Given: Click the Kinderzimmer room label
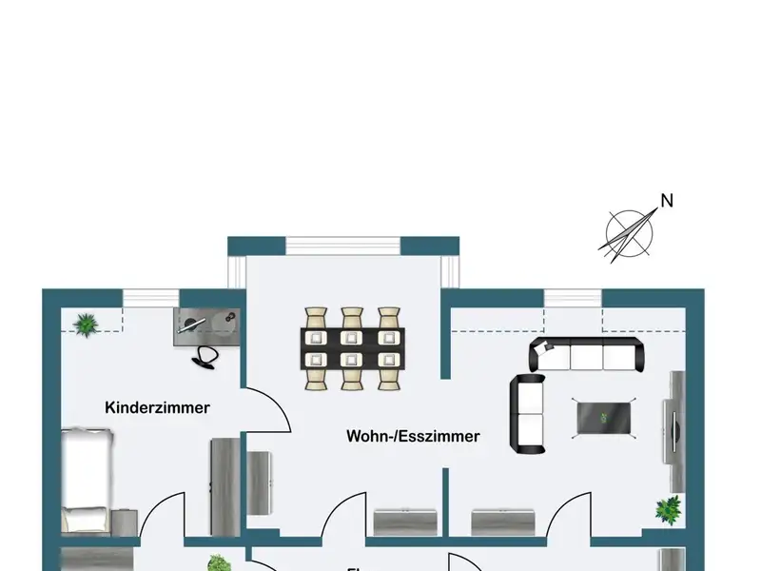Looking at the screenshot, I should pyautogui.click(x=157, y=407).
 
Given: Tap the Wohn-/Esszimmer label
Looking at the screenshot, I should pyautogui.click(x=413, y=437).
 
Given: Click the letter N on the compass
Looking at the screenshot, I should pyautogui.click(x=667, y=201).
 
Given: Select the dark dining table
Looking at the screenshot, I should pyautogui.click(x=353, y=348).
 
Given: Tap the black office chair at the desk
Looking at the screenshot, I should pyautogui.click(x=205, y=356).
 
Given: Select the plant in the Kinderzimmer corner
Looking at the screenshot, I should pyautogui.click(x=86, y=324).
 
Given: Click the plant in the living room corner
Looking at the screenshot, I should pyautogui.click(x=669, y=509).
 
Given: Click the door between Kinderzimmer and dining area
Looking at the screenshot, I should pyautogui.click(x=267, y=409).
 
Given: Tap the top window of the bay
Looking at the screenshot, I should pyautogui.click(x=342, y=246).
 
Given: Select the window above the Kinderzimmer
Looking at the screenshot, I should pyautogui.click(x=151, y=298).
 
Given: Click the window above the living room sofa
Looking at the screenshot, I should pyautogui.click(x=574, y=298).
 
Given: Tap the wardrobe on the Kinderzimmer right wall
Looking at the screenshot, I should pyautogui.click(x=224, y=485).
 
